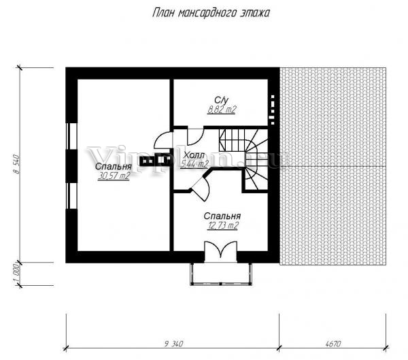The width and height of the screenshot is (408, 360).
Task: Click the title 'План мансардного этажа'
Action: [211, 12]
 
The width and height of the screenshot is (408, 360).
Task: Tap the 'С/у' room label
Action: [221, 100]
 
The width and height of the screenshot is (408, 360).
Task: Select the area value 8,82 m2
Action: [222, 110]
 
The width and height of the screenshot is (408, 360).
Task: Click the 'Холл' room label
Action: [194, 155]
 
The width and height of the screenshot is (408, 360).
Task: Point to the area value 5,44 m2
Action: [194, 164]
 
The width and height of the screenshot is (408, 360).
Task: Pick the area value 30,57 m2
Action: [114, 176]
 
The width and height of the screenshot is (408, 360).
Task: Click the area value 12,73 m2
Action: [223, 225]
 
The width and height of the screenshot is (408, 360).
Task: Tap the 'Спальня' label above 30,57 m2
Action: [114, 167]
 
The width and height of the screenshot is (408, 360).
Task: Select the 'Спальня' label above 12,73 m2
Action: [222, 216]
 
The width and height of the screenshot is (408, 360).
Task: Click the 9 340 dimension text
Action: [174, 344]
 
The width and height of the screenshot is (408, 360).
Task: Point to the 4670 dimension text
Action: [333, 344]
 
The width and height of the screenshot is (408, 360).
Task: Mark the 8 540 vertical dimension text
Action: [16, 164]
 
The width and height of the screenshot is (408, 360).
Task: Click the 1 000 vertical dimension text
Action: [16, 274]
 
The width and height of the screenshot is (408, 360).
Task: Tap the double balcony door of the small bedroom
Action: [220, 251]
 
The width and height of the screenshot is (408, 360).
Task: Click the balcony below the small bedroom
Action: [221, 274]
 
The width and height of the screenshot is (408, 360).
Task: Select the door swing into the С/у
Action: [195, 137]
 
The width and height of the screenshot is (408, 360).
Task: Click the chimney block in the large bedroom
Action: [156, 159]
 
